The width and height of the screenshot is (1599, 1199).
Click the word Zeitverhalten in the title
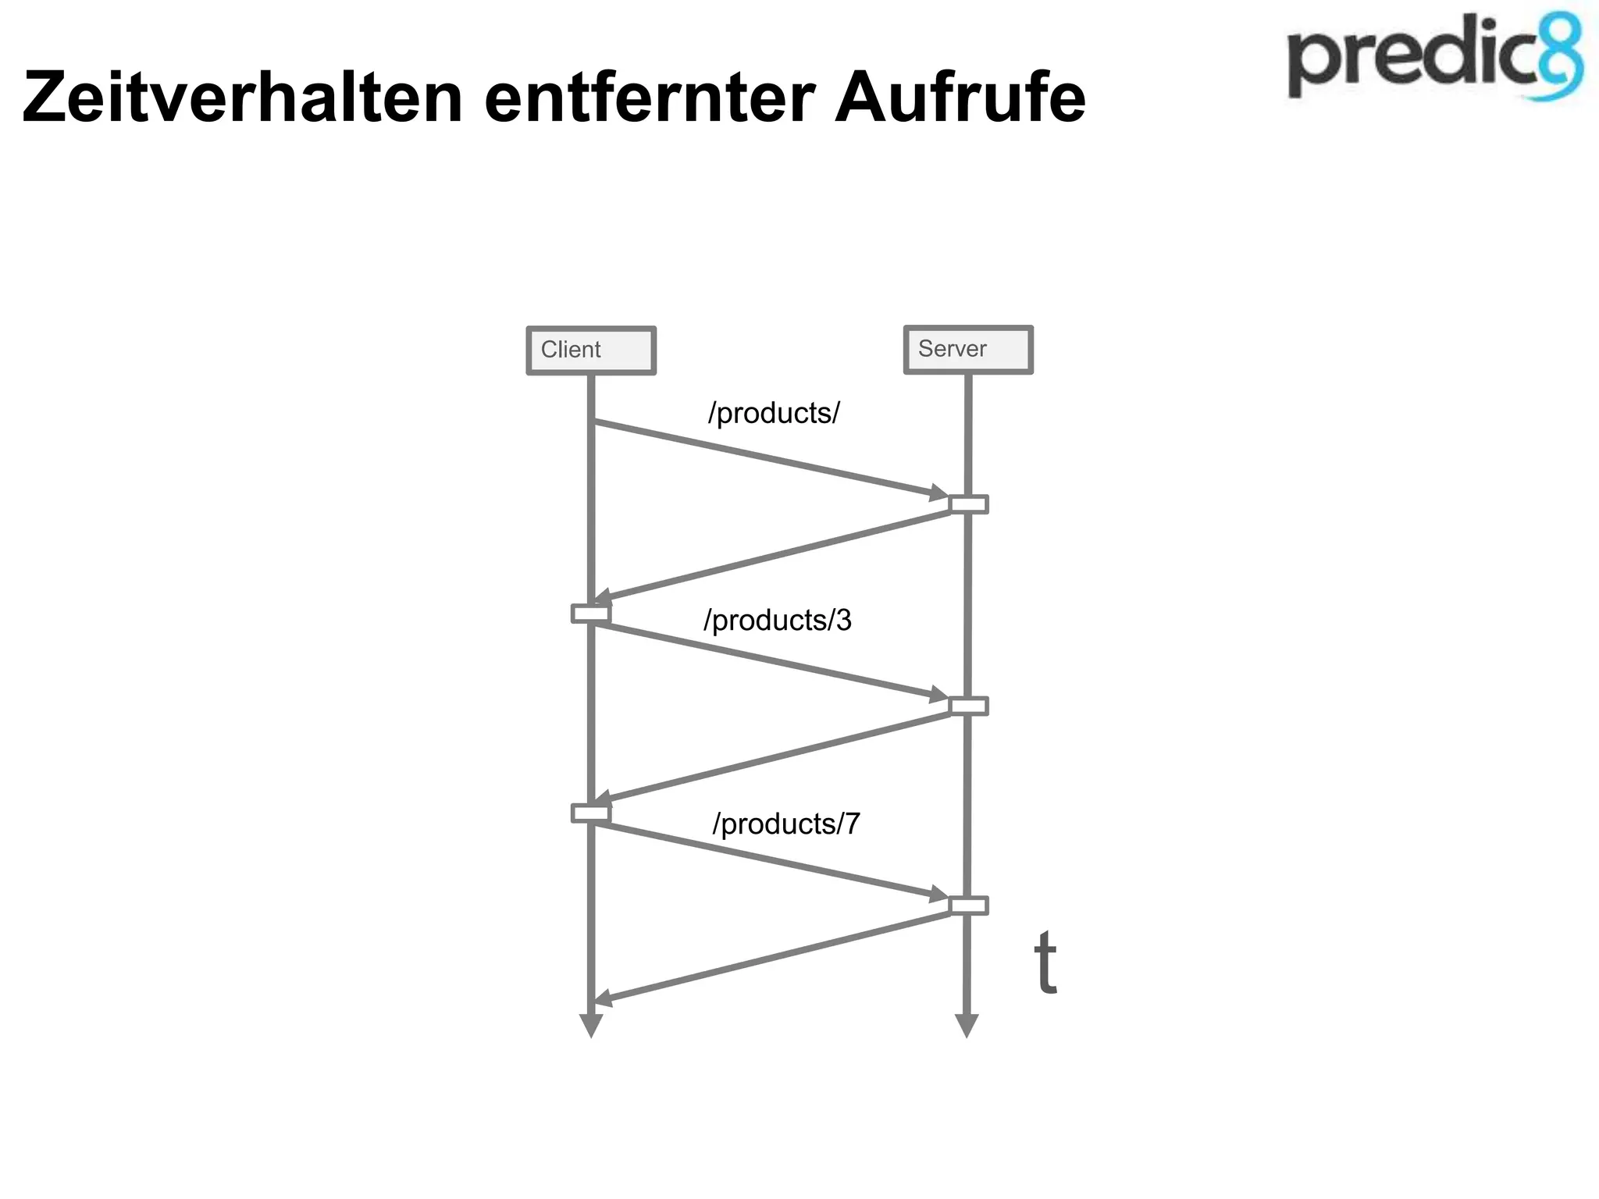[243, 98]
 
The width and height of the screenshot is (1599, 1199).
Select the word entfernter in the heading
[650, 98]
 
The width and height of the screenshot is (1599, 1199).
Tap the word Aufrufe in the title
[960, 98]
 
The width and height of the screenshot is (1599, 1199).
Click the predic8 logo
[1434, 59]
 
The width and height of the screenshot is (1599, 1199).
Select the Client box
[591, 350]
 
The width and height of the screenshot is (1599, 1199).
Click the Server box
[968, 350]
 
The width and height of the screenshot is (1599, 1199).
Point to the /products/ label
[774, 413]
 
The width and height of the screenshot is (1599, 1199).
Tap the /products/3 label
[778, 621]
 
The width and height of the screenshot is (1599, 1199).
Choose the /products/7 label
[786, 824]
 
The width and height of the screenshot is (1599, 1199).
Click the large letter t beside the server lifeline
[1045, 963]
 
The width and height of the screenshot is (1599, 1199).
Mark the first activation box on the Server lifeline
[968, 504]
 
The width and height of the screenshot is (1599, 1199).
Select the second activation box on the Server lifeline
[968, 706]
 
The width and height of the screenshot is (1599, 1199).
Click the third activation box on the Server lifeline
[968, 905]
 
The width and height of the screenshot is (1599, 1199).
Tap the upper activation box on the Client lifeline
[591, 614]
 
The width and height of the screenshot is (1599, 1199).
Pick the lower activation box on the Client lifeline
[591, 813]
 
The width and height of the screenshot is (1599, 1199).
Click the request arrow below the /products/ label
[769, 459]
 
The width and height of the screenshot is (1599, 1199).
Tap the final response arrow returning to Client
[773, 956]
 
